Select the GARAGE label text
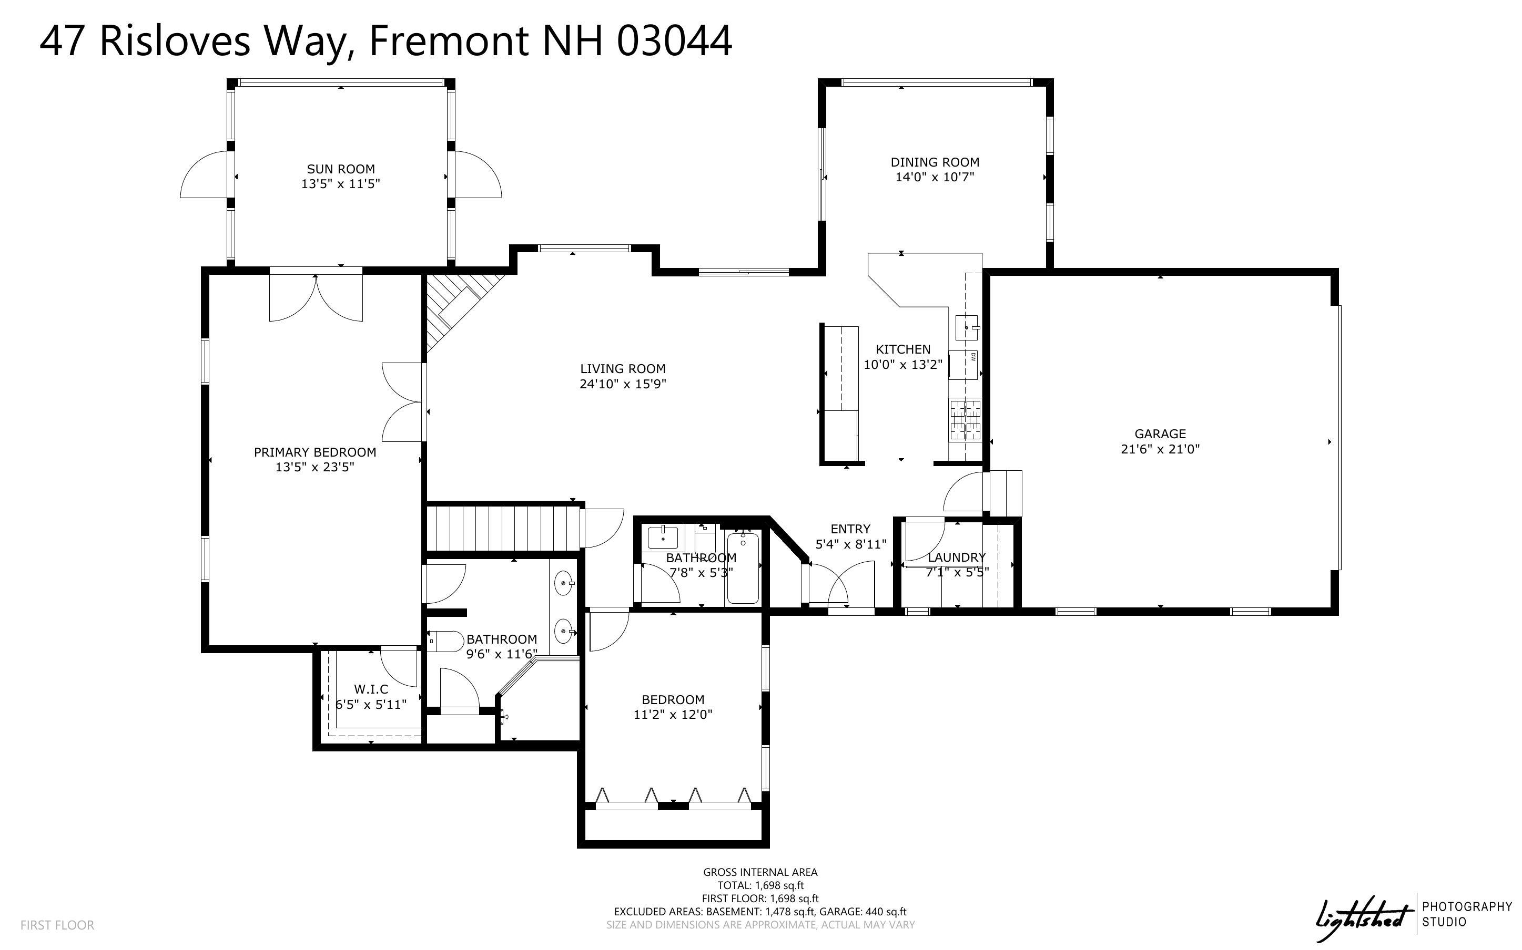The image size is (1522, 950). click(1159, 433)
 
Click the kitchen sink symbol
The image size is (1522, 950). click(966, 327)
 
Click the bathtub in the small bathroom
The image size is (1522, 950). click(743, 568)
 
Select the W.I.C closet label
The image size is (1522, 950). click(371, 689)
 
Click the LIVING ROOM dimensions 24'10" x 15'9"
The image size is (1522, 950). click(622, 384)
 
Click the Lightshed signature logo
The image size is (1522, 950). click(1361, 918)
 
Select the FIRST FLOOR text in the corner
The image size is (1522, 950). click(57, 925)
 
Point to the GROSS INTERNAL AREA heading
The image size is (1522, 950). click(760, 872)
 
